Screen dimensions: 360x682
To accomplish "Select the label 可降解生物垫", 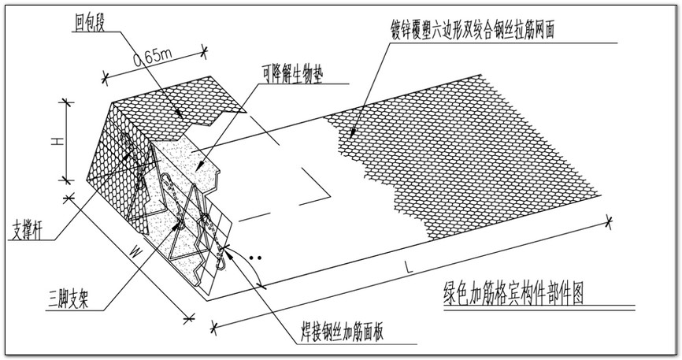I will pos(291,76).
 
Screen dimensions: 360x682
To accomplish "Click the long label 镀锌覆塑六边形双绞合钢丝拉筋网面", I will pos(479,27).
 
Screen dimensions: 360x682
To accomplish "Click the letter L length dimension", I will pos(406,268).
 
